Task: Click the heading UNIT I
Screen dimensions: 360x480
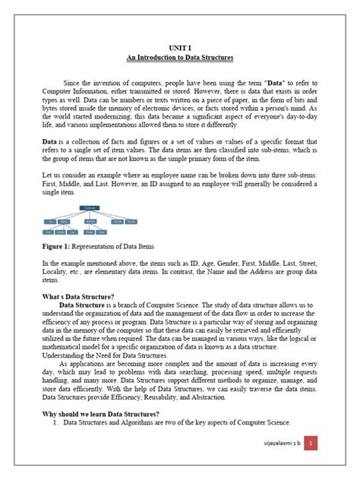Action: [x=180, y=46]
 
